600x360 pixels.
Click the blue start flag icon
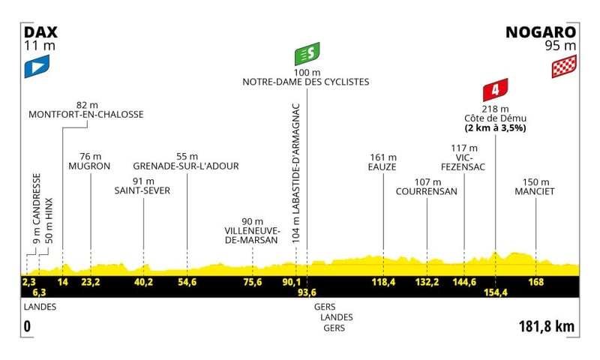[x=37, y=67]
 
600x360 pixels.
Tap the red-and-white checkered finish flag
[x=564, y=66]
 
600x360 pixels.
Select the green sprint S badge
[x=307, y=54]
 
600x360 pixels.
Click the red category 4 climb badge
[x=495, y=90]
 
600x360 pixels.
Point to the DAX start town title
[x=40, y=32]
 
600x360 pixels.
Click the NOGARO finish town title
[x=541, y=32]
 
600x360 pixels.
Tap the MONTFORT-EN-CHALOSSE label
[x=86, y=115]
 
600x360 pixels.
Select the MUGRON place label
[x=89, y=166]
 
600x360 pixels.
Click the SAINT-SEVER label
[x=142, y=190]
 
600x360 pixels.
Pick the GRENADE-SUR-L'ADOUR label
[x=186, y=166]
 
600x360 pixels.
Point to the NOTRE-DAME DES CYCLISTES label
[x=306, y=82]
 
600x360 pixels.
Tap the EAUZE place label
[x=382, y=166]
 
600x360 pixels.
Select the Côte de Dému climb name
[x=496, y=118]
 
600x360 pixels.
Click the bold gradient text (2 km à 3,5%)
[x=496, y=128]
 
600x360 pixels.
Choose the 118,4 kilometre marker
[x=383, y=282]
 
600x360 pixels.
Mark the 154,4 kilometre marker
[x=496, y=292]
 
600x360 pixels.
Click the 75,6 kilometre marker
[x=253, y=282]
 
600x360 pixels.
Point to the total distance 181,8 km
[x=547, y=327]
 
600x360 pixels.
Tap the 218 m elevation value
[x=496, y=109]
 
